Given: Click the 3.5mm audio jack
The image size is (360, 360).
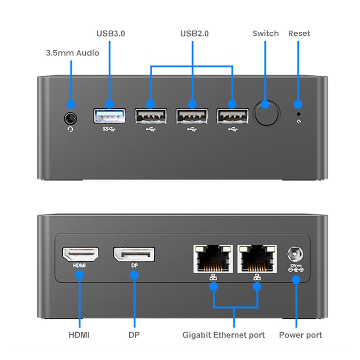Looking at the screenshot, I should [x=71, y=118].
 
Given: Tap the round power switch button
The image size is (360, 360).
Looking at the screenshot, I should [x=266, y=114].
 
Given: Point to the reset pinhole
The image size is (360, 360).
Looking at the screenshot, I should [x=298, y=114].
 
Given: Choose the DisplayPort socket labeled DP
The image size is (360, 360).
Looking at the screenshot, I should [x=134, y=255].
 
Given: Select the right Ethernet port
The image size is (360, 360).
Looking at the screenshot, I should [x=257, y=258].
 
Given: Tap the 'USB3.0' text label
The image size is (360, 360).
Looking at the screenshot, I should [x=111, y=34].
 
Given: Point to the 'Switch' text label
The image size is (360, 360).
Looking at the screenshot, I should [x=266, y=33].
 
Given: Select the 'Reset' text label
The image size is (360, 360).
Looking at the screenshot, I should [x=299, y=33].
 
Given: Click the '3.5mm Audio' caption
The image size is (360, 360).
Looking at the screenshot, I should [x=72, y=53].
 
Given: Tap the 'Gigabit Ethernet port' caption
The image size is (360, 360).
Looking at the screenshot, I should [x=224, y=335].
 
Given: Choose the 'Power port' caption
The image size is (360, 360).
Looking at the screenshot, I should [x=301, y=335].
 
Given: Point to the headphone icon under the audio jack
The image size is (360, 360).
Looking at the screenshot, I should [x=71, y=129].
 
